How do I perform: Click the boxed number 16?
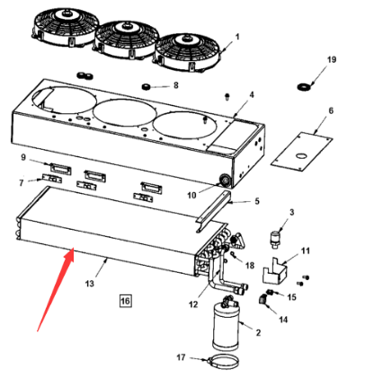(x=125, y=301)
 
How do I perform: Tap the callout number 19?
(x=332, y=59)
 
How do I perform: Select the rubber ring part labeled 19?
(x=304, y=87)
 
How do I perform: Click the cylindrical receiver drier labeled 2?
(x=226, y=326)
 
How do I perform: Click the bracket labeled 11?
(x=274, y=271)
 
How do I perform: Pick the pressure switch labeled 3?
(x=276, y=239)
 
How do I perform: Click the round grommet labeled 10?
(x=224, y=180)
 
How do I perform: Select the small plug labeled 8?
(x=146, y=87)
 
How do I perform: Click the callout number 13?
(x=90, y=283)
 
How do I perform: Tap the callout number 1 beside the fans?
(x=237, y=37)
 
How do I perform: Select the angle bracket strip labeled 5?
(x=214, y=211)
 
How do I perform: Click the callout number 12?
(x=193, y=304)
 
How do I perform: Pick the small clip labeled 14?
(x=263, y=300)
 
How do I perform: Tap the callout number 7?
(x=22, y=182)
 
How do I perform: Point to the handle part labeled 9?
(x=61, y=170)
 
